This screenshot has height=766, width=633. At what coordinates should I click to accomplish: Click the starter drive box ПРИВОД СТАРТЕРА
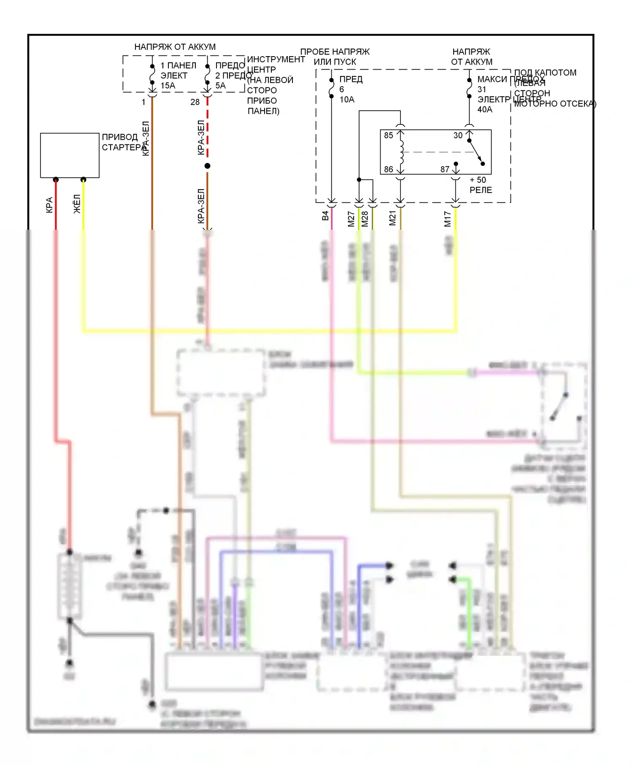point(70,155)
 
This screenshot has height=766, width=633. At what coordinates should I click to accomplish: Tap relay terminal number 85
point(388,136)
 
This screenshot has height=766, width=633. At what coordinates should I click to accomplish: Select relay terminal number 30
point(458,136)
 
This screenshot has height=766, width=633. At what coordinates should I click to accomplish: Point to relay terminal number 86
point(388,169)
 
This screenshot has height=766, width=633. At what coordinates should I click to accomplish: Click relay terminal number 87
point(445,169)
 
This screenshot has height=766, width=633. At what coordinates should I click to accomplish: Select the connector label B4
point(325,216)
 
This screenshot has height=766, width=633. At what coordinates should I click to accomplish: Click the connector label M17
point(447,219)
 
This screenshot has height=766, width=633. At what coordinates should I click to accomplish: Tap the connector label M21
point(392,218)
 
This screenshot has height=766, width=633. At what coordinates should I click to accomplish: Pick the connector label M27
point(351,219)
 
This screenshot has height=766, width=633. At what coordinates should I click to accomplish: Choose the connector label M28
point(365,219)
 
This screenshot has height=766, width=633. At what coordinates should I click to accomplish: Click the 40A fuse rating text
point(485,110)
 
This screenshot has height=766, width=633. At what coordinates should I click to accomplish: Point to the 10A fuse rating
point(347,100)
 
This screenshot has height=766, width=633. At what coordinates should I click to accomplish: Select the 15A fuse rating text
point(168,86)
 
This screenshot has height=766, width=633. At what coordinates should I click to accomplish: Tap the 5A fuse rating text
point(220,86)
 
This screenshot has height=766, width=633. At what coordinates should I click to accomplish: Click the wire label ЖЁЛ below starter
point(77,204)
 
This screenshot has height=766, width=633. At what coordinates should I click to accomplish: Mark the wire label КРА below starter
point(49,205)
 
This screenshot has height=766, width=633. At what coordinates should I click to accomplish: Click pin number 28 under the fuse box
point(195,102)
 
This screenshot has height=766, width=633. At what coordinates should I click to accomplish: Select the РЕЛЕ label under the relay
point(481,190)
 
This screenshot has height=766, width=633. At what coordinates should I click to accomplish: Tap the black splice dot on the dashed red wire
point(207,166)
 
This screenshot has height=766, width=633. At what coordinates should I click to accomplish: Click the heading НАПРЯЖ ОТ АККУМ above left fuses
point(175,47)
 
